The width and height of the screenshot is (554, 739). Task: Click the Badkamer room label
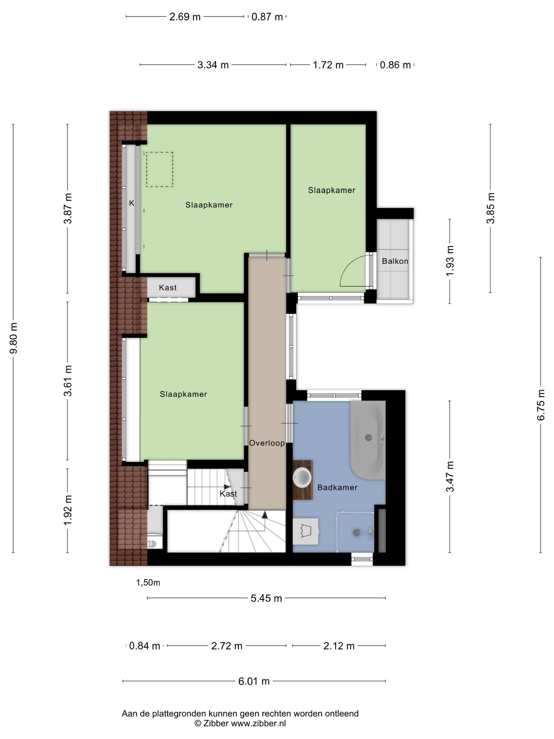(x=337, y=487)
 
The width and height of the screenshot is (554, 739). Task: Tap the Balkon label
(x=395, y=261)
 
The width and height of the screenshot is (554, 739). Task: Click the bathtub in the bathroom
(x=368, y=440)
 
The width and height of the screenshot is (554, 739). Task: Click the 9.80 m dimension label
(x=14, y=338)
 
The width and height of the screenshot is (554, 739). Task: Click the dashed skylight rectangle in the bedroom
(x=160, y=169)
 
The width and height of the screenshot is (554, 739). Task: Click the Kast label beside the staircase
(x=228, y=494)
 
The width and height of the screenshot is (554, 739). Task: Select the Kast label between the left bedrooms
(x=168, y=288)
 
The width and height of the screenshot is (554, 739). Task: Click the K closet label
(x=132, y=203)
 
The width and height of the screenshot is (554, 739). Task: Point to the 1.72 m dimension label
(x=328, y=65)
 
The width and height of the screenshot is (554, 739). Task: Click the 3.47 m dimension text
(x=450, y=476)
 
